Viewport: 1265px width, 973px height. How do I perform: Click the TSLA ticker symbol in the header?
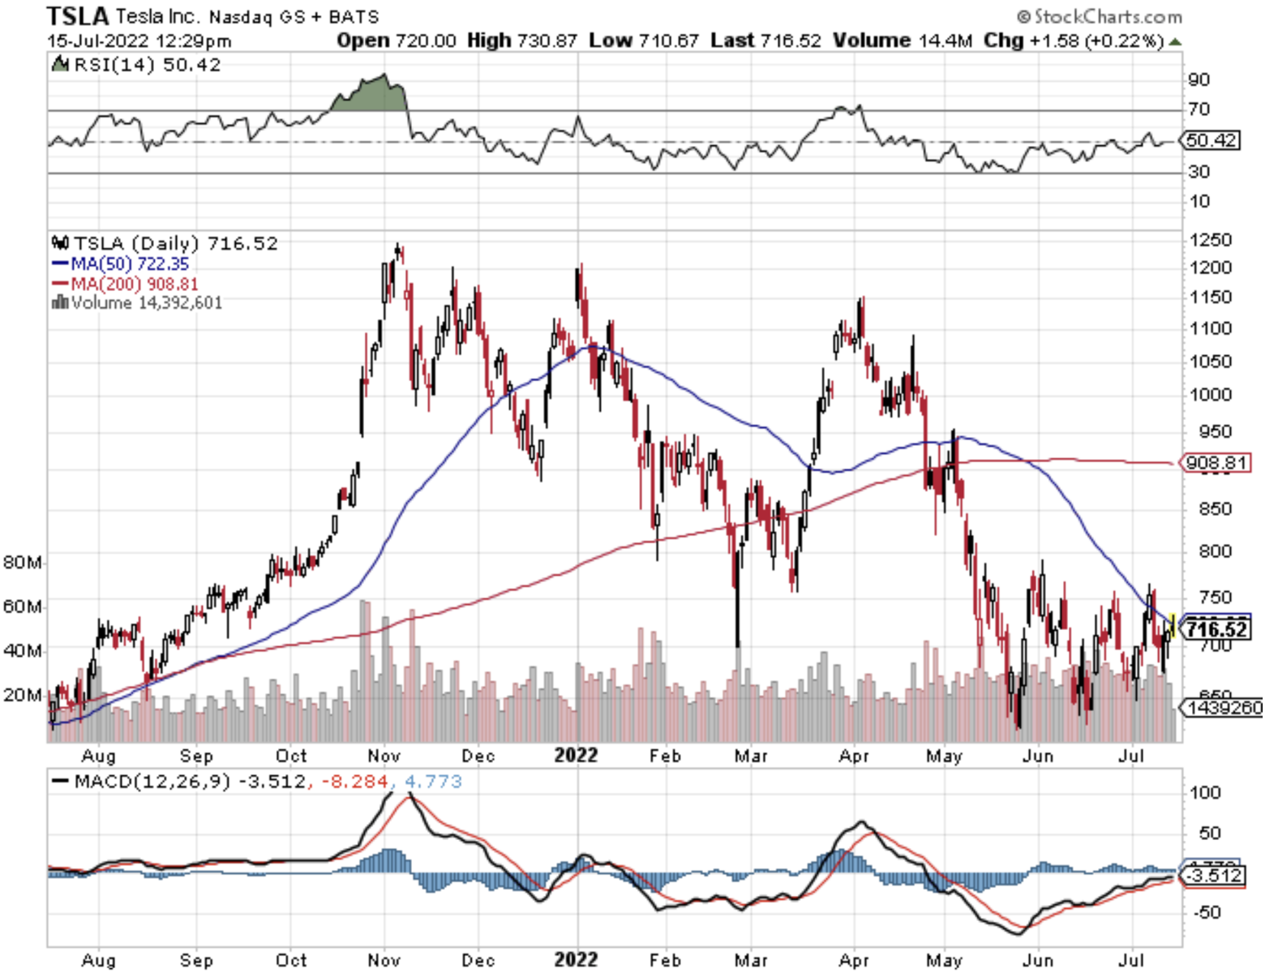78,15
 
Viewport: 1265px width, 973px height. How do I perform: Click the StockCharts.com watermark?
1100,16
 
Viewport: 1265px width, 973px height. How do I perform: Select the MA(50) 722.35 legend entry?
121,264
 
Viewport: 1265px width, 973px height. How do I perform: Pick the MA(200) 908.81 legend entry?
125,284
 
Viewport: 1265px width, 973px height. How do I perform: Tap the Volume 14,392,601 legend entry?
137,303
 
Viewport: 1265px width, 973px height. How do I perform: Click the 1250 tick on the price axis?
1209,240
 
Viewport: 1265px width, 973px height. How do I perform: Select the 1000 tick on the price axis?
1209,395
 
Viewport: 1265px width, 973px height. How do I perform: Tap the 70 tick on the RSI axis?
1199,109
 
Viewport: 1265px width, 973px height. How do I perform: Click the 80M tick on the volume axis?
23,563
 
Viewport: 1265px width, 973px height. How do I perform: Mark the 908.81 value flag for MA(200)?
1216,463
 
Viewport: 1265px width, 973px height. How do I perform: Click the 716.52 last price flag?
1217,629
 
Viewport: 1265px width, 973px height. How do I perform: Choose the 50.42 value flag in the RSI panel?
1211,140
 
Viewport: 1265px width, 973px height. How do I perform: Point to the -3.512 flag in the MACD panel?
1214,876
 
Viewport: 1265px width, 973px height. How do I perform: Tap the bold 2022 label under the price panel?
576,756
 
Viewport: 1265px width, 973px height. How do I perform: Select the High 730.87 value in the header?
522,41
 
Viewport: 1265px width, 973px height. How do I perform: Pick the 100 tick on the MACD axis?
1204,793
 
